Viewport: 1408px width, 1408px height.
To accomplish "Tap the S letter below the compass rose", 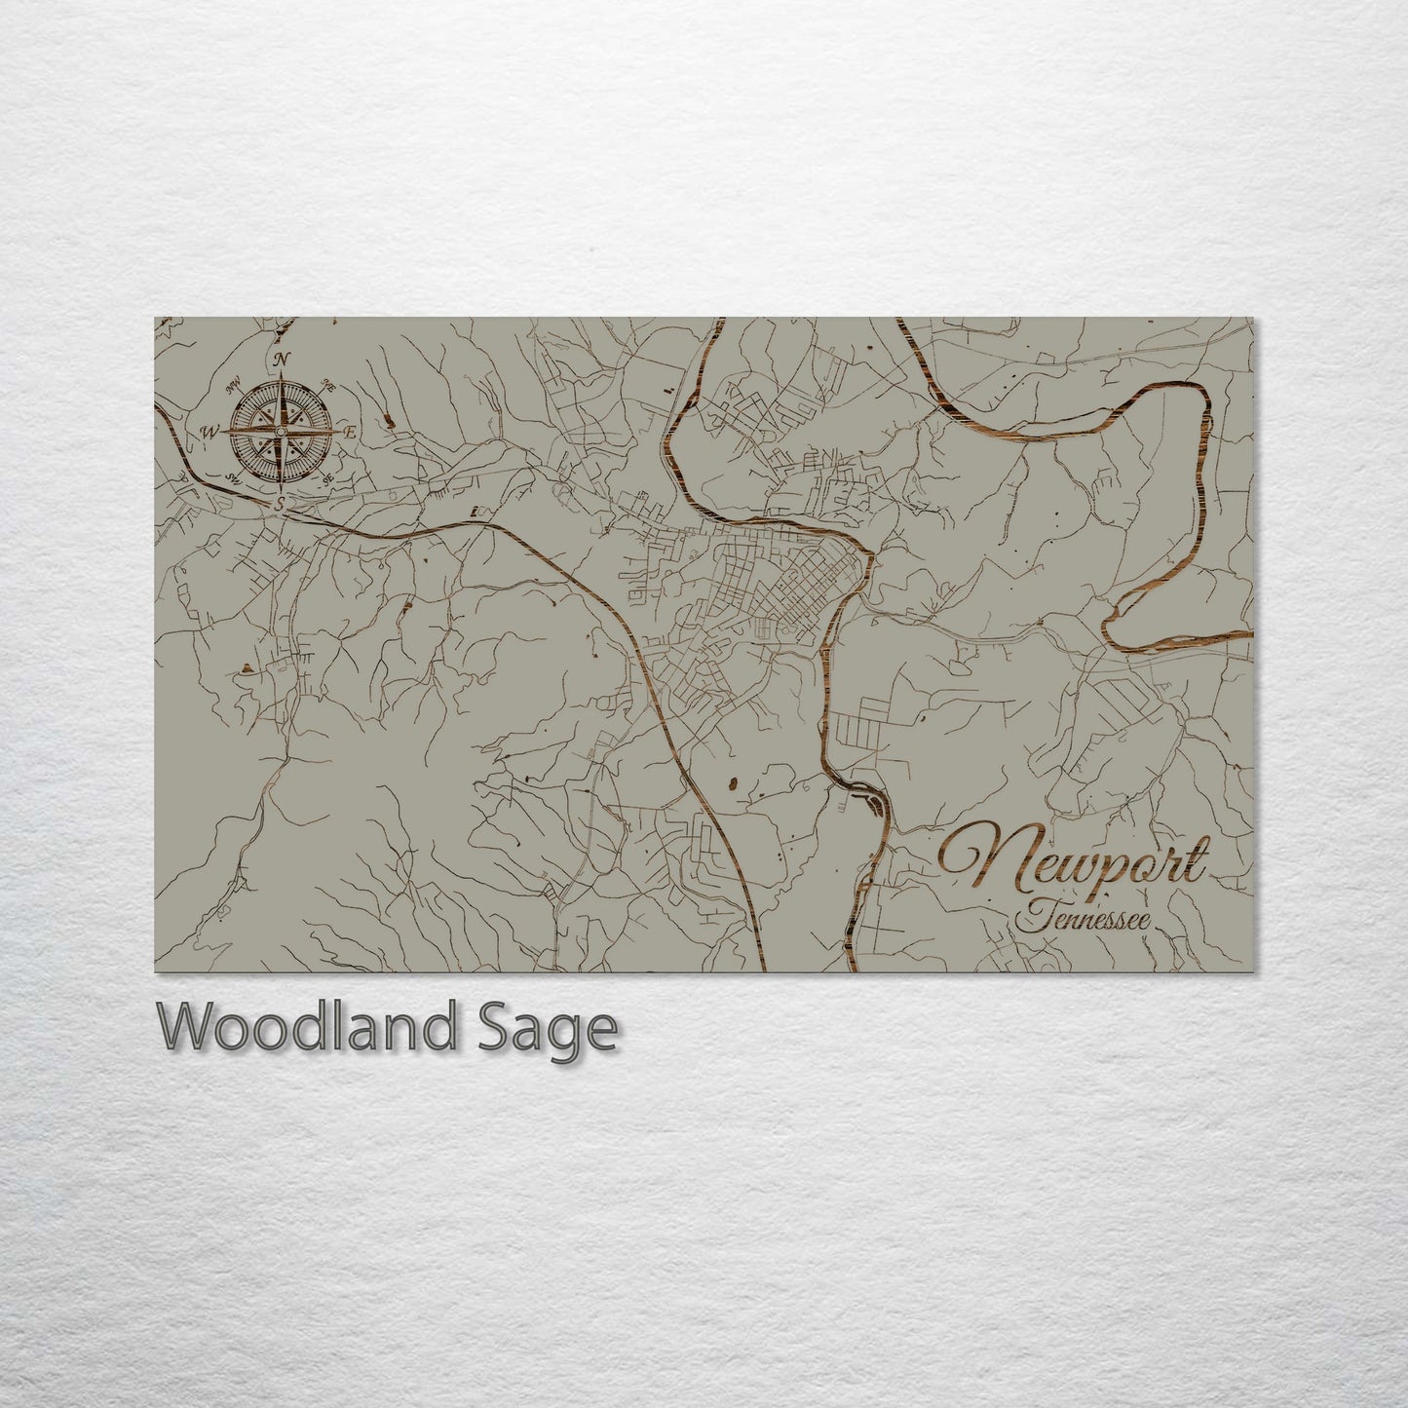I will coord(281,504).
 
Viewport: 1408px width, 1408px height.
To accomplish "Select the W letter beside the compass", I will coord(209,432).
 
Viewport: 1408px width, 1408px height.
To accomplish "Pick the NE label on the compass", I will coord(329,385).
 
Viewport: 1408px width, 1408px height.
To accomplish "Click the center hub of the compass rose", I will coord(281,431).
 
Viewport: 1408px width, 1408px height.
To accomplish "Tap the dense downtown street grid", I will coord(789,585).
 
